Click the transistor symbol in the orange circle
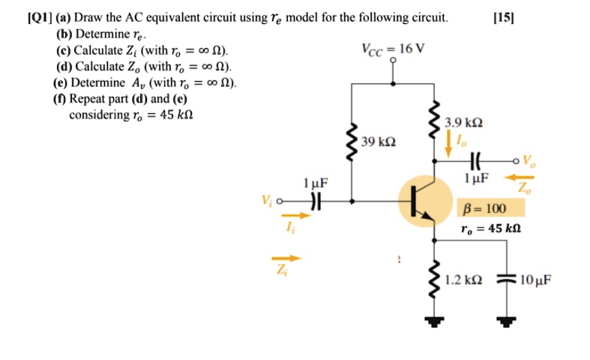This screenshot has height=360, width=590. (423, 201)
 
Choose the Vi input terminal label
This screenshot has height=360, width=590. (267, 201)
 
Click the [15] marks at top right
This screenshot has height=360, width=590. (502, 17)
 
